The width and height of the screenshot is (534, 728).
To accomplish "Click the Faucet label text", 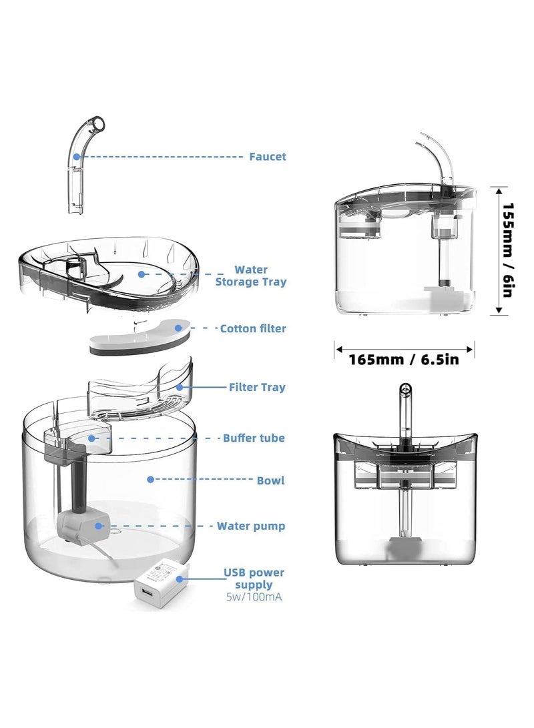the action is click(268, 157).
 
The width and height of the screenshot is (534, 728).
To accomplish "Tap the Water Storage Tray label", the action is click(251, 276).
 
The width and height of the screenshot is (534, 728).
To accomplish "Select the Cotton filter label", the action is click(253, 329).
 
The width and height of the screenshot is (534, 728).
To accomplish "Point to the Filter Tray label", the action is click(257, 387).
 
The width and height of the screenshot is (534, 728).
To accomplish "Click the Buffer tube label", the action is click(254, 438).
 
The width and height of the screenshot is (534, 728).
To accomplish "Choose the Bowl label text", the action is click(271, 480).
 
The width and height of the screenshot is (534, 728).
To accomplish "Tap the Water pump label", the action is click(251, 526).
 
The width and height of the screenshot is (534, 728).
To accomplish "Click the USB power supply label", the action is click(254, 579).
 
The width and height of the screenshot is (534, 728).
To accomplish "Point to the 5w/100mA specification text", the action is click(254, 597).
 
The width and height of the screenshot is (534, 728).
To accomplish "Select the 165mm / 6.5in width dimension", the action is click(404, 360).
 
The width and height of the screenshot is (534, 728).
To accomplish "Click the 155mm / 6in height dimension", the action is click(509, 250).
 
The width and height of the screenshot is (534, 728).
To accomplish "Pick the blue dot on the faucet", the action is click(77, 157).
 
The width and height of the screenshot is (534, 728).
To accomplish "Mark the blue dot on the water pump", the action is click(98, 526).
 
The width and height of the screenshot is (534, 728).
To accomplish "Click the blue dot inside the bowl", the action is click(150, 479).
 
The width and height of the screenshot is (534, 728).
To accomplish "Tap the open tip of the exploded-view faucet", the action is click(97, 123).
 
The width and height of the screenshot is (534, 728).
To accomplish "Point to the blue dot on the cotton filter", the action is click(178, 328).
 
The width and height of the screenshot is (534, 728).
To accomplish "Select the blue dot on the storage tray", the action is click(142, 274).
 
